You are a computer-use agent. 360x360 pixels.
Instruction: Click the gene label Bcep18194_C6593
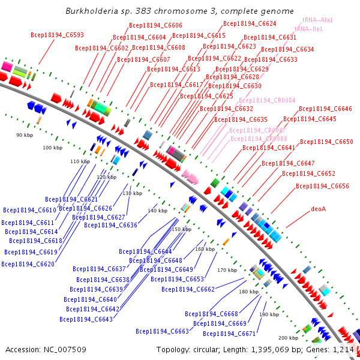57,35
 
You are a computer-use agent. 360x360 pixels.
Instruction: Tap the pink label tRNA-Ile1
309,29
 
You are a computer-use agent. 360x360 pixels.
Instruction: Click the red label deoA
319,209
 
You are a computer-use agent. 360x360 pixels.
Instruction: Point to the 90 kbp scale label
25,136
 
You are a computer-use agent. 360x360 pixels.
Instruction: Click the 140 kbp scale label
157,211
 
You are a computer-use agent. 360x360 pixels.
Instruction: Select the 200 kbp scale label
288,338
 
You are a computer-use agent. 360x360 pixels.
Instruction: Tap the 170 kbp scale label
227,270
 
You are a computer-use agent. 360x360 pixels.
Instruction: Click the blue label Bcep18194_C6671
229,334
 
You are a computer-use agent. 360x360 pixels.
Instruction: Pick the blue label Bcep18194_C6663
162,331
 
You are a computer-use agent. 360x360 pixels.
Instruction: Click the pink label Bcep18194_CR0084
266,100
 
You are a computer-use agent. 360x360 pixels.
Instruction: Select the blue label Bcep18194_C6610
29,210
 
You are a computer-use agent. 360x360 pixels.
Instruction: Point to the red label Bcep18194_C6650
326,142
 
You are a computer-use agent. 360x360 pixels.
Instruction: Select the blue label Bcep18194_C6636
110,225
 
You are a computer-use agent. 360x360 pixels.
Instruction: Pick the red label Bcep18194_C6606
155,26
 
